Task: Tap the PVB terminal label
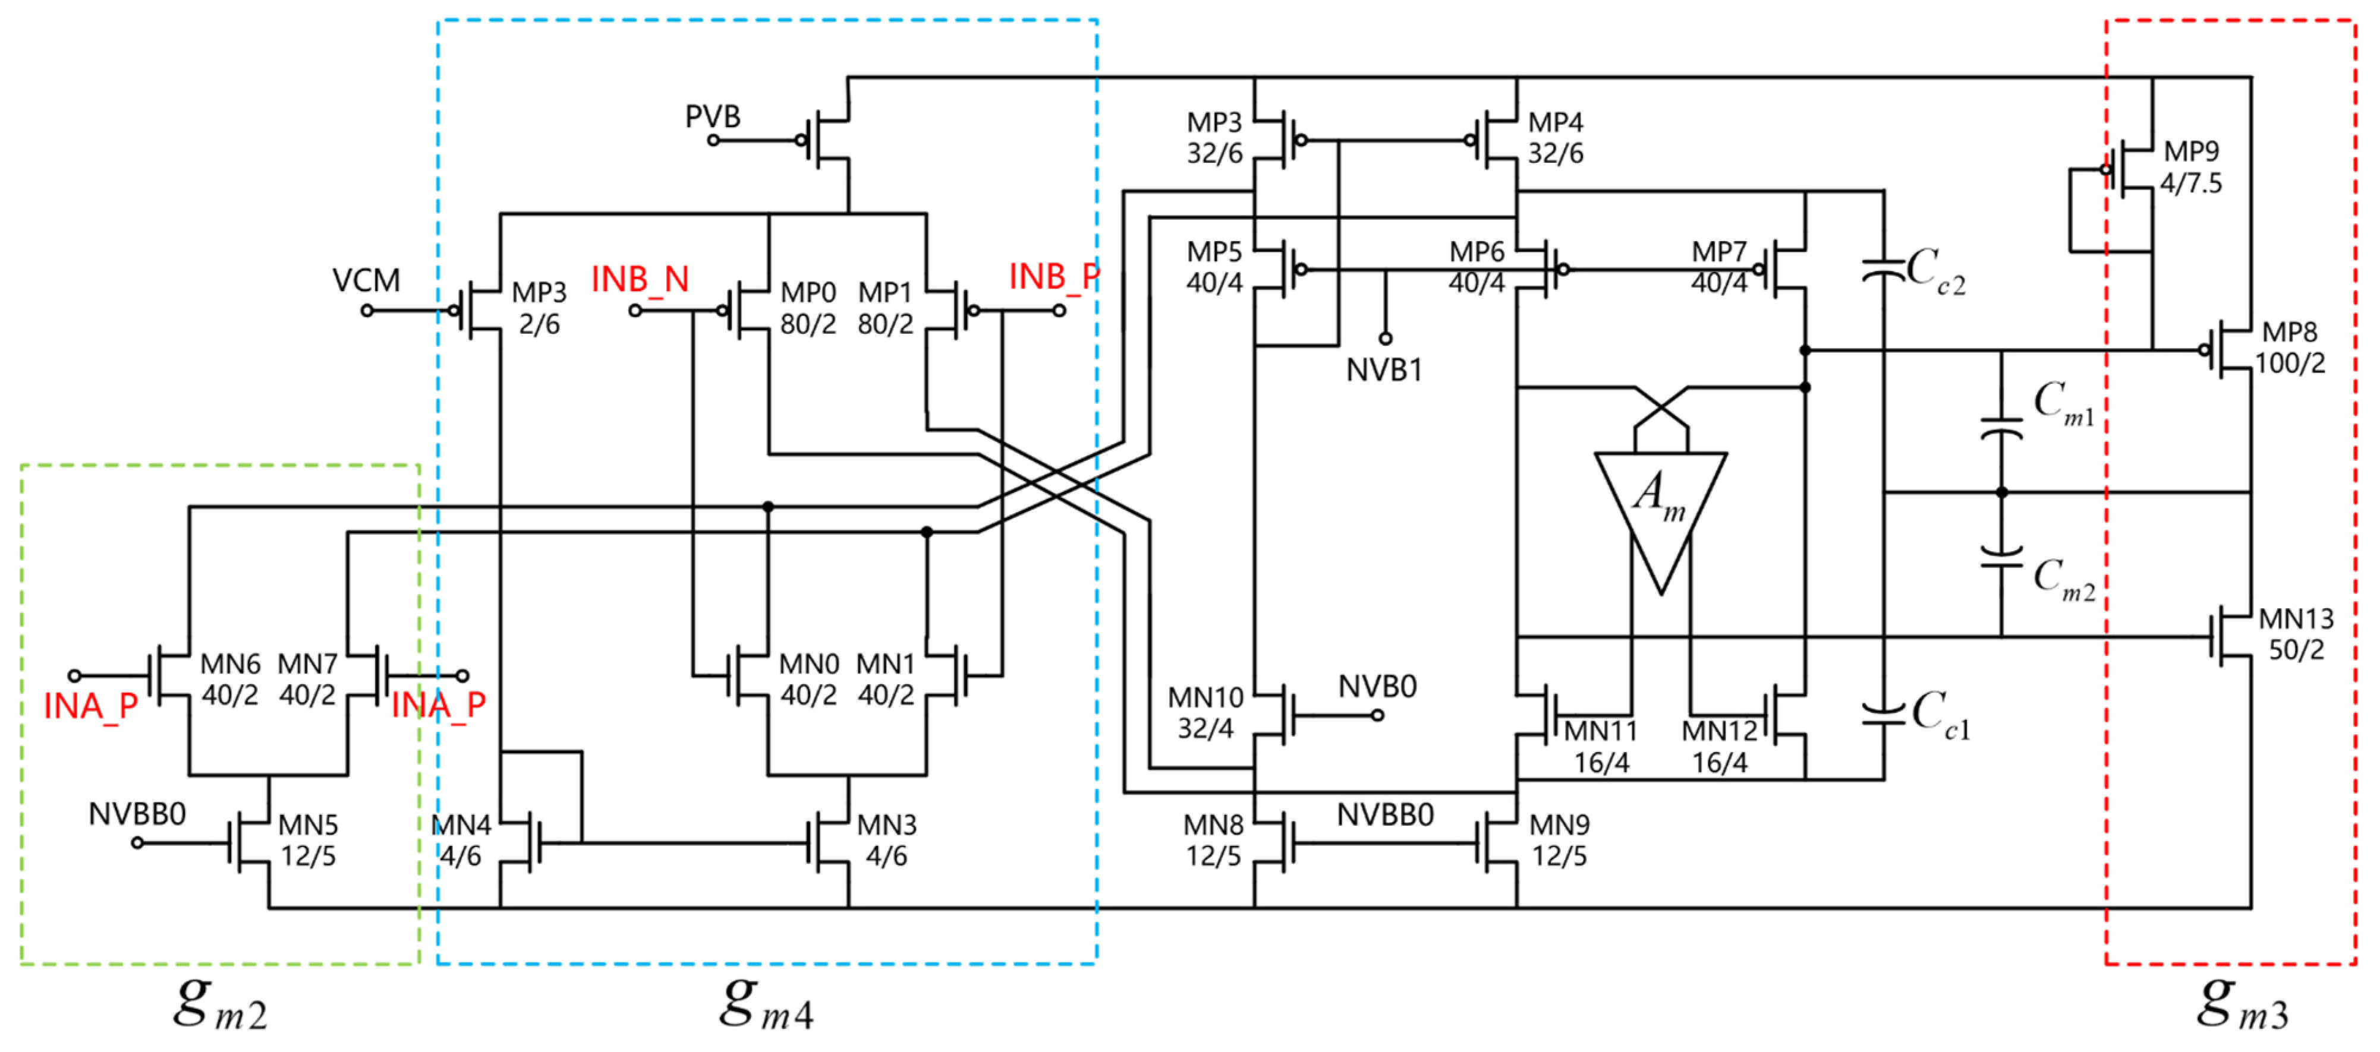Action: pyautogui.click(x=712, y=116)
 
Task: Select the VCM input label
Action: pyautogui.click(x=366, y=280)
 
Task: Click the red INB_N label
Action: pyautogui.click(x=640, y=279)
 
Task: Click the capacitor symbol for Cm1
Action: pyautogui.click(x=2001, y=429)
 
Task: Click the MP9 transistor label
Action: pyautogui.click(x=2190, y=150)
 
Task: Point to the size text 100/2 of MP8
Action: pyautogui.click(x=2290, y=363)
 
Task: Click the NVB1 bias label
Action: pyautogui.click(x=1383, y=371)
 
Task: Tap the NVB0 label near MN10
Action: pyautogui.click(x=1377, y=686)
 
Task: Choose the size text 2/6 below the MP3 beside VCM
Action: pyautogui.click(x=539, y=324)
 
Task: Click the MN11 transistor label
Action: pyautogui.click(x=1600, y=731)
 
